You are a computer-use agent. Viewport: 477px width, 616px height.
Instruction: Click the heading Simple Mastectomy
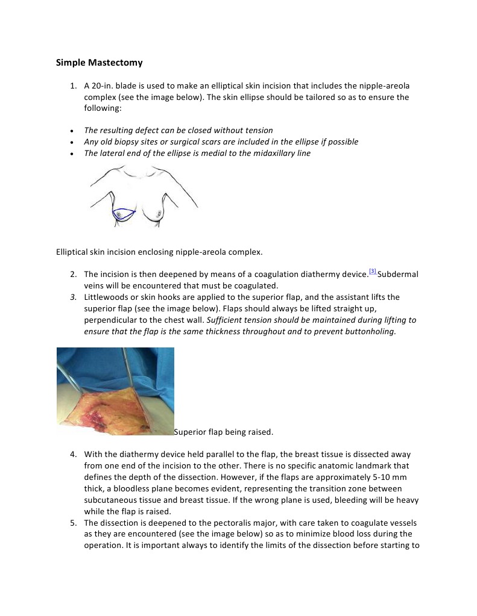click(99, 62)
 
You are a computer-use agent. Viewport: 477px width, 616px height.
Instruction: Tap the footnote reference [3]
click(373, 272)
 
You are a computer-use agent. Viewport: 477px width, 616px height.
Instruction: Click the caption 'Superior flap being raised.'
click(224, 432)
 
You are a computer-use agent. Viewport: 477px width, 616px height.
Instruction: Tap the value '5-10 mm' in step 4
click(387, 477)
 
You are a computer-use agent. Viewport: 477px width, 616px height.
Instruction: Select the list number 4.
click(73, 454)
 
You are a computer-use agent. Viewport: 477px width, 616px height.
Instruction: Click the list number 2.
click(73, 274)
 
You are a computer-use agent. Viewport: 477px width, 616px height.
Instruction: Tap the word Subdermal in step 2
click(398, 274)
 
